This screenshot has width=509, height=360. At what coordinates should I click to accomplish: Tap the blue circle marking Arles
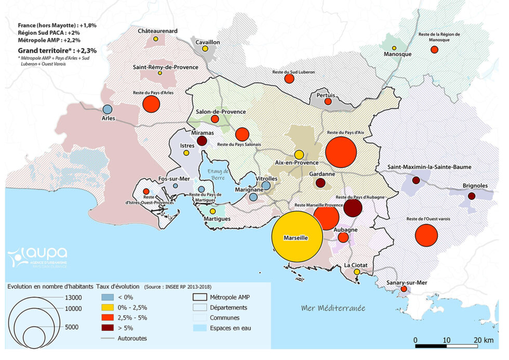pos(107,110)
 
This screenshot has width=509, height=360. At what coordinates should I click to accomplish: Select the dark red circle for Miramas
pos(203,141)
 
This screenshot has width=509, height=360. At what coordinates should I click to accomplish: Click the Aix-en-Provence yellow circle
pos(299,154)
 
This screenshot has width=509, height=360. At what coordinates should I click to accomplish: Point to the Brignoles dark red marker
pos(471,196)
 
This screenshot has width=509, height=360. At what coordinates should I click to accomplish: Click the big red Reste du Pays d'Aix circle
pos(341,153)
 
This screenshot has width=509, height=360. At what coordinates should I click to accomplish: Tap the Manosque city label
pos(397,54)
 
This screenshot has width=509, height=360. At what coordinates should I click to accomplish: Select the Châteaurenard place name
pos(157,31)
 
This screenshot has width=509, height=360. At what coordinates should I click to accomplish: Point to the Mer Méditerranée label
pos(333,308)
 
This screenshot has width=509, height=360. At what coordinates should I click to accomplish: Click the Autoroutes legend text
pos(132,338)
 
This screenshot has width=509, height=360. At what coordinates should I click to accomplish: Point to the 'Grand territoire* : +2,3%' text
pos(57,51)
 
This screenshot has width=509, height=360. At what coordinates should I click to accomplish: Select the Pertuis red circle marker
pos(328,102)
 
